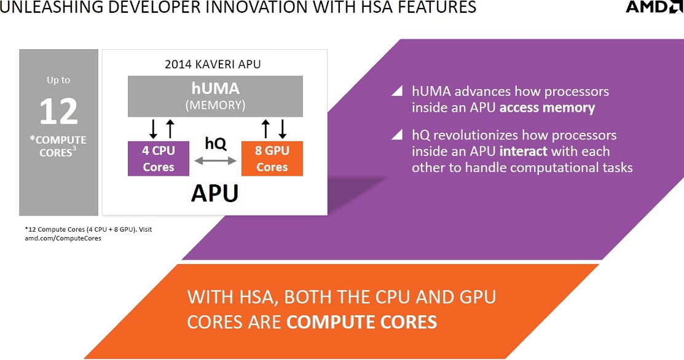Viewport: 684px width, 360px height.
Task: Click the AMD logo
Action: click(x=654, y=7)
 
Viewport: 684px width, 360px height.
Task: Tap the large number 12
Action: click(x=58, y=112)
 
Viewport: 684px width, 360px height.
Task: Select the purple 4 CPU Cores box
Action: click(x=159, y=158)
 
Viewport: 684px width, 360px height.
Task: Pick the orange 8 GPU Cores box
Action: click(x=272, y=158)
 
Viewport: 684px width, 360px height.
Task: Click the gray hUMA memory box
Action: click(x=215, y=96)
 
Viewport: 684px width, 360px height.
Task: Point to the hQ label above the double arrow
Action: click(x=216, y=143)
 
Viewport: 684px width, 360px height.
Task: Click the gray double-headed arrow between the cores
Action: click(x=215, y=161)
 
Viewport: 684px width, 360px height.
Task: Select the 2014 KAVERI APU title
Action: click(x=213, y=64)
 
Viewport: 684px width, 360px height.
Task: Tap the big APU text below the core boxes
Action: click(x=214, y=193)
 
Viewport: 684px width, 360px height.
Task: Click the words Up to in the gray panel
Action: click(x=58, y=80)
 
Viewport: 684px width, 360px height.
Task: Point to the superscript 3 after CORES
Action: click(x=74, y=149)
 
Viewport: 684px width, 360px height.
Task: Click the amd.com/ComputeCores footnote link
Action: click(x=63, y=238)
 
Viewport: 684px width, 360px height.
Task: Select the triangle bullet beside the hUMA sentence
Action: click(x=397, y=91)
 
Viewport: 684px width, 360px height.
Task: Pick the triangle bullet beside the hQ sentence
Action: click(x=397, y=135)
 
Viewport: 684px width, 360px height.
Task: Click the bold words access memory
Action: click(x=547, y=108)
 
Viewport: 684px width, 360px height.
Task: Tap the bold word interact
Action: click(x=523, y=151)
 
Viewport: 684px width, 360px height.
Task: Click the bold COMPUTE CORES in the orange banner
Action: click(x=361, y=322)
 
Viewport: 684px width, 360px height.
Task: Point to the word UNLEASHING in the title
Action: click(x=52, y=7)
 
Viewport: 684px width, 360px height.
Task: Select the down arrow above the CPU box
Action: click(x=153, y=129)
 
